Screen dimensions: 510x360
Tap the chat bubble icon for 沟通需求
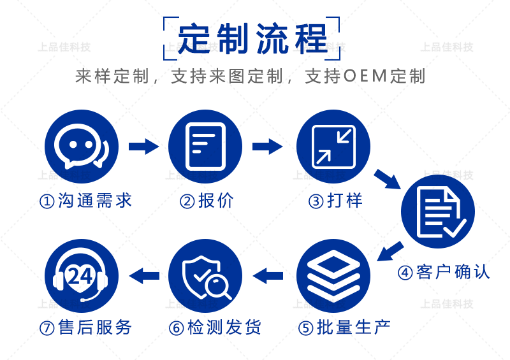tap(82, 147)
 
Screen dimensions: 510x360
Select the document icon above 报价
tap(205, 147)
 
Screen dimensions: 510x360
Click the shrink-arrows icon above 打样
tap(333, 147)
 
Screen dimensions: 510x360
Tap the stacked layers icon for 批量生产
tap(333, 276)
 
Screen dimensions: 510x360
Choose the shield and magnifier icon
tap(205, 276)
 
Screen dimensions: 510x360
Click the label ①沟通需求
tap(86, 201)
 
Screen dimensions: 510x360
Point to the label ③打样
tap(335, 201)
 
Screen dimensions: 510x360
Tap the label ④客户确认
tap(444, 272)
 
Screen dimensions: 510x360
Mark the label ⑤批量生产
tap(344, 328)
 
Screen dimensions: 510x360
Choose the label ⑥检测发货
tap(215, 328)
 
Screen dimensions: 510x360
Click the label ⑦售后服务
tap(86, 328)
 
